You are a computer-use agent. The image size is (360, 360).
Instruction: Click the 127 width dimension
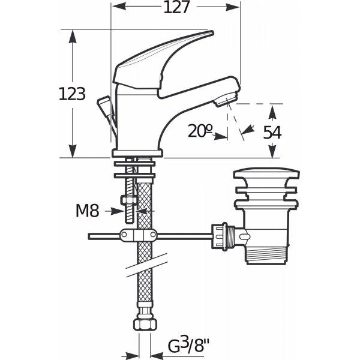(x=177, y=7)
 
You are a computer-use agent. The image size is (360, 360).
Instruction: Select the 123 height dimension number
(x=72, y=94)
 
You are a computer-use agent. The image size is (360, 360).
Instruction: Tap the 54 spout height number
(x=272, y=133)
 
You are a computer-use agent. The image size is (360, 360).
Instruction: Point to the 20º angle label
(x=200, y=131)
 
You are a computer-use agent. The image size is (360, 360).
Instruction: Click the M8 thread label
(x=87, y=211)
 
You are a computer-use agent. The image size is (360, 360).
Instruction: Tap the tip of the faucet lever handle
(x=212, y=33)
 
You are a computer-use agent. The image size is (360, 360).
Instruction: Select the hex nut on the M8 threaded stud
(x=129, y=200)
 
